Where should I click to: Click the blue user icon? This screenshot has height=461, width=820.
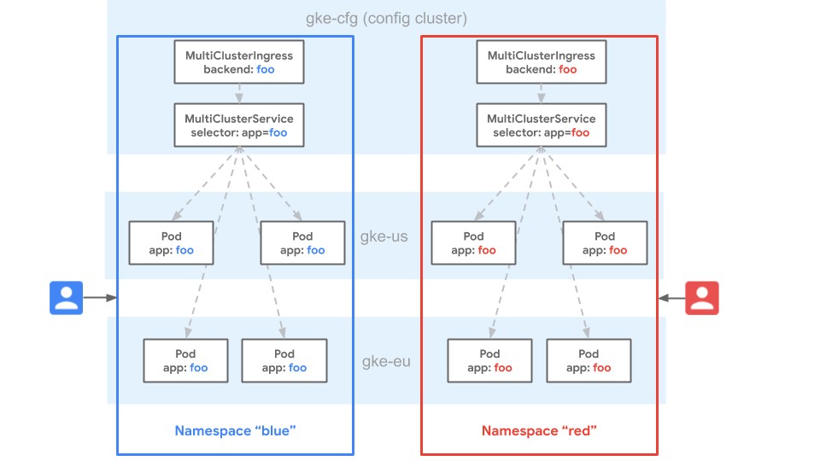[66, 298]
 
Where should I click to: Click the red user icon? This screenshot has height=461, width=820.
[702, 298]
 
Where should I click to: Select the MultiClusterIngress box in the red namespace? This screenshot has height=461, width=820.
[542, 61]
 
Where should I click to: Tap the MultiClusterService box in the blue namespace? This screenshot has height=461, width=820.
[239, 125]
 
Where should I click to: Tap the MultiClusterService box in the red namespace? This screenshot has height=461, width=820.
[542, 125]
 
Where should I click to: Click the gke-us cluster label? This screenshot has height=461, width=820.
[384, 236]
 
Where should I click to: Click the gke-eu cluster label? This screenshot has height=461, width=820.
[386, 361]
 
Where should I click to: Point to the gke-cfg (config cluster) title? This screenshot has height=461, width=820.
[386, 18]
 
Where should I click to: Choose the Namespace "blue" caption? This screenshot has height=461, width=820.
[235, 431]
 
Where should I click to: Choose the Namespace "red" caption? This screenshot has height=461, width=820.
[539, 431]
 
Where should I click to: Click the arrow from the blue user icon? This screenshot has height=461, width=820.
[99, 298]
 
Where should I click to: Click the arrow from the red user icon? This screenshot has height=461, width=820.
[672, 298]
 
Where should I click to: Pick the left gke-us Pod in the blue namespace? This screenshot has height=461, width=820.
[172, 242]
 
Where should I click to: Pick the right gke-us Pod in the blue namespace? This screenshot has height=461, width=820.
[302, 242]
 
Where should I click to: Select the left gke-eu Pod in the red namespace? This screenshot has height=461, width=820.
[489, 360]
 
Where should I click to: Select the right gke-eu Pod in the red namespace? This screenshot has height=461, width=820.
[589, 360]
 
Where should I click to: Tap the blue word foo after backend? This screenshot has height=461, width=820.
[266, 69]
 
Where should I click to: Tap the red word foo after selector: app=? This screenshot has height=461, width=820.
[581, 133]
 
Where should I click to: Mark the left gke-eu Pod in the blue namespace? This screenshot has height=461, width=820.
[185, 360]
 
